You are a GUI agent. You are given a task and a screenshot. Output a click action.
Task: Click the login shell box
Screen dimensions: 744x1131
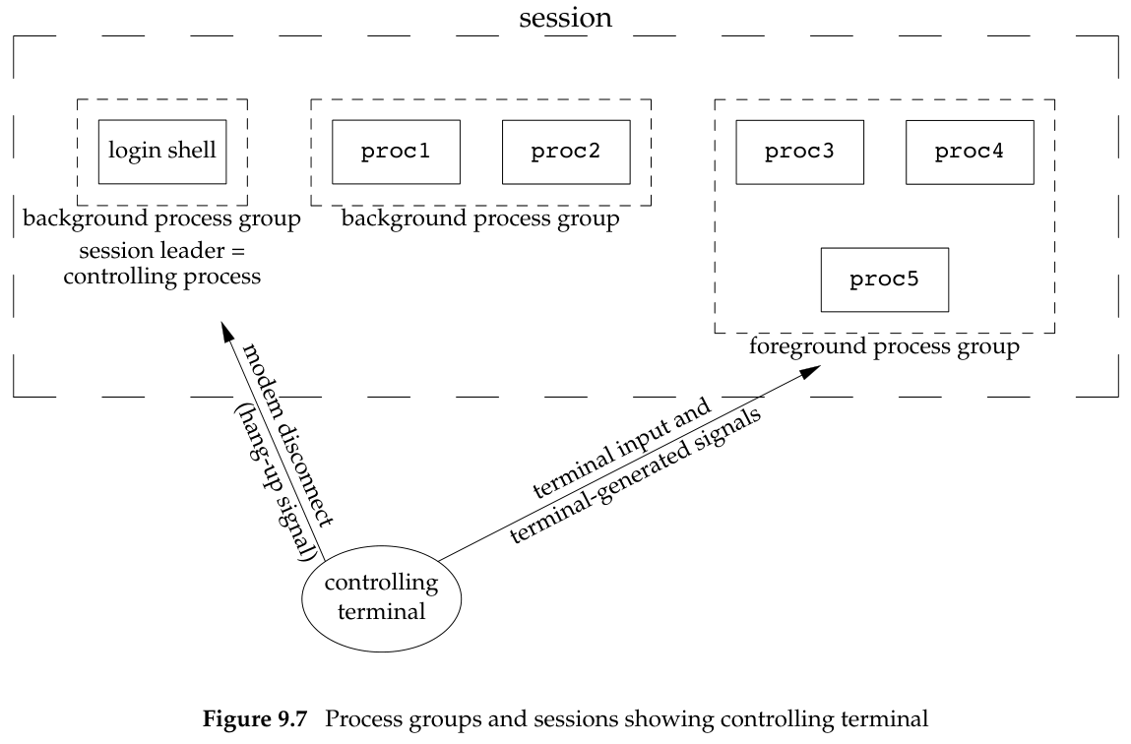click(162, 152)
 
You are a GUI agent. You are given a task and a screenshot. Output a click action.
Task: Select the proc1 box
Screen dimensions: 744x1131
click(396, 152)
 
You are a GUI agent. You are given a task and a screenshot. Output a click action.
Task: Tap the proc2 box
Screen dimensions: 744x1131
click(566, 152)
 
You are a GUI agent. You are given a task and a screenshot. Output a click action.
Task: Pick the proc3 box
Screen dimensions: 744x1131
click(799, 152)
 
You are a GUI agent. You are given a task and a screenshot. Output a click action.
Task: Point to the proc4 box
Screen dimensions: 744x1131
click(970, 152)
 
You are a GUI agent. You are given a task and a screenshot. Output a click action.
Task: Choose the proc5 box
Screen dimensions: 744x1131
click(884, 279)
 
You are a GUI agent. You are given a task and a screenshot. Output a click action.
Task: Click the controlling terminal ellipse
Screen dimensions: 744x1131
click(382, 595)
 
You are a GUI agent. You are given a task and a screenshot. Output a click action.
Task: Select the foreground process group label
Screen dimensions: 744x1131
click(884, 347)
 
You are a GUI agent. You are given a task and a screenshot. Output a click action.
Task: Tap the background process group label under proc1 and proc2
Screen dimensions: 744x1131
click(480, 218)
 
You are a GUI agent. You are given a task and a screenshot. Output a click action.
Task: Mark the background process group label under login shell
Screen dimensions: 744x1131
click(161, 218)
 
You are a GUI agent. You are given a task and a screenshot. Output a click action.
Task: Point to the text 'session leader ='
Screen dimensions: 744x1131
click(161, 251)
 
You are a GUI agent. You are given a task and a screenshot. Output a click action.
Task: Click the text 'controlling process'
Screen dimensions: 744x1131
click(161, 276)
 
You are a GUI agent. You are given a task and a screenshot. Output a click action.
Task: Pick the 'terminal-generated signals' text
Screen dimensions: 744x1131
click(639, 475)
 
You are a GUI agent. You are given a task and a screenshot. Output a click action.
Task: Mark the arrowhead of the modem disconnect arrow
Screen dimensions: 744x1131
click(224, 331)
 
